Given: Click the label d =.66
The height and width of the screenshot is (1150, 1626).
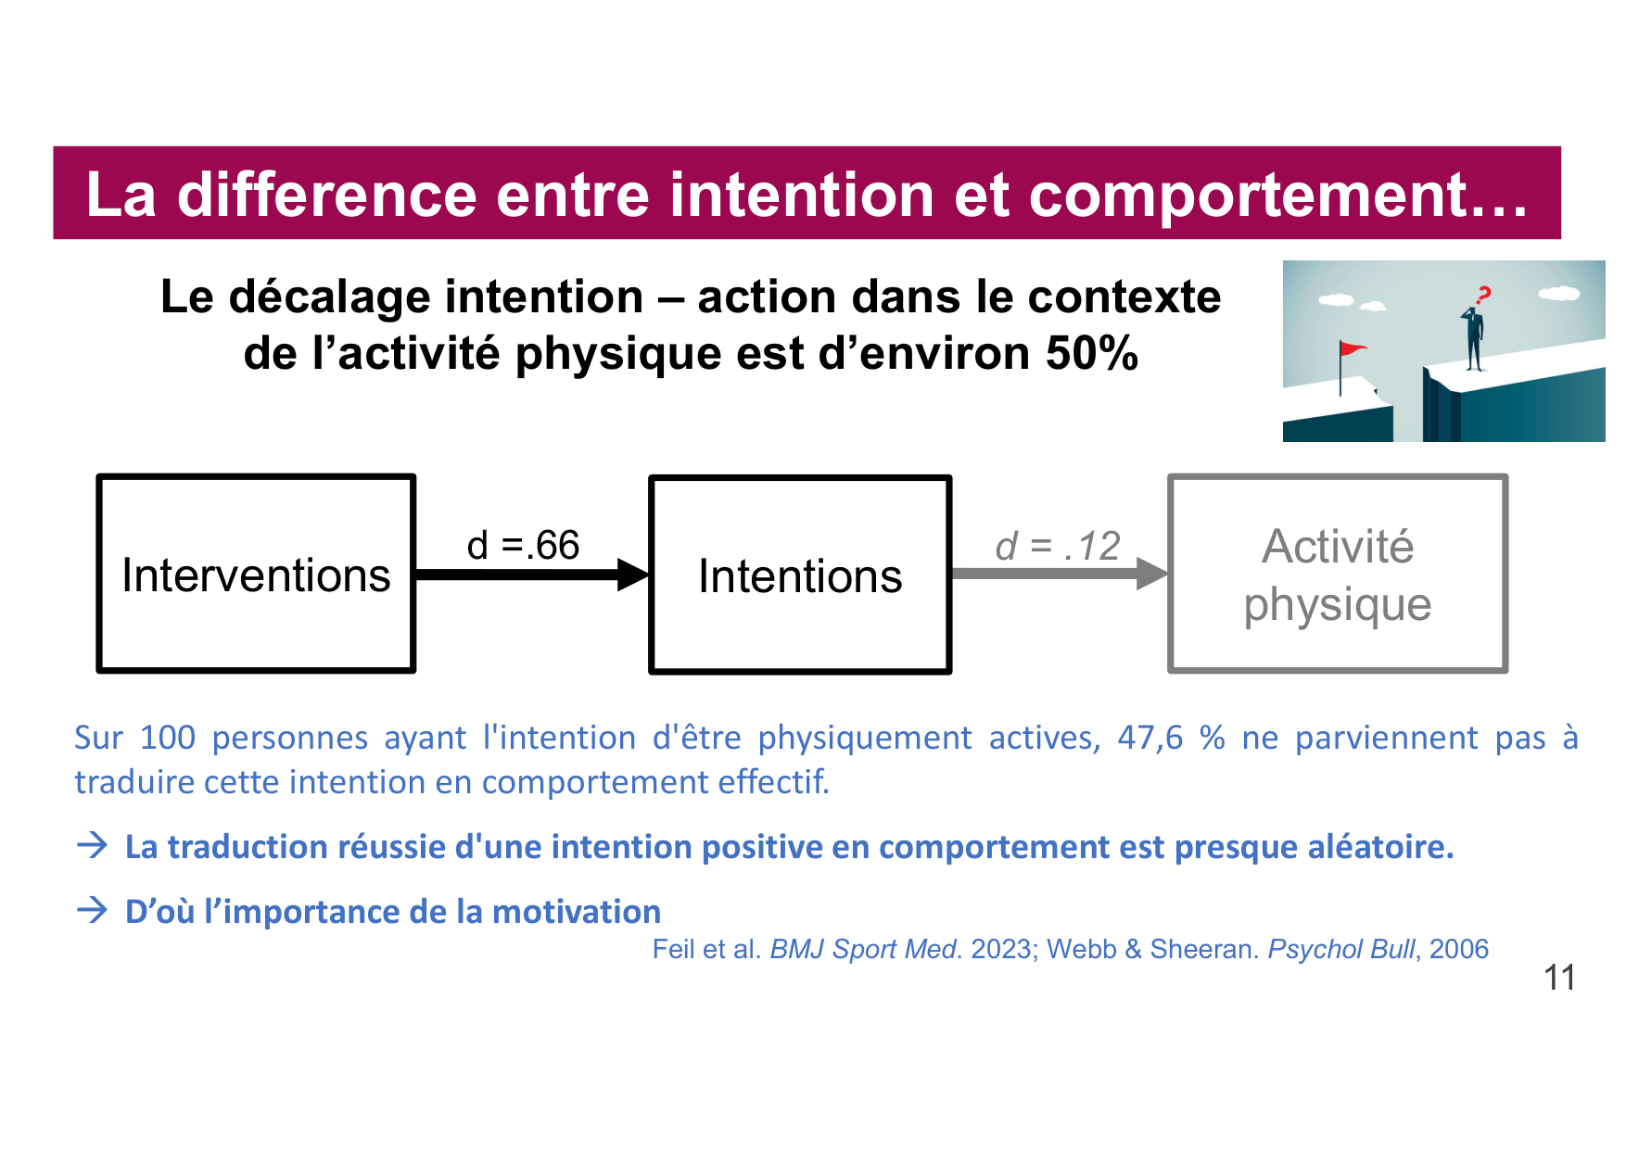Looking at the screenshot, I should (x=523, y=546).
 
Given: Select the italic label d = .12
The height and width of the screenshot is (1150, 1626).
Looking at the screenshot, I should (x=1058, y=547).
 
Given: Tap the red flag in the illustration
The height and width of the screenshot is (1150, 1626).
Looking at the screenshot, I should (x=1353, y=349).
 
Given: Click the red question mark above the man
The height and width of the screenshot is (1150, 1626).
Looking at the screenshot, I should (x=1483, y=296).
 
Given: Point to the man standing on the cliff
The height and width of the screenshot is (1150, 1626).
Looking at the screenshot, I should (x=1473, y=338).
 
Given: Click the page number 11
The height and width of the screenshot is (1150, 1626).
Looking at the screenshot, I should (x=1559, y=978).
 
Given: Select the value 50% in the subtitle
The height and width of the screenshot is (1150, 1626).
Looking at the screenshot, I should (x=1092, y=354).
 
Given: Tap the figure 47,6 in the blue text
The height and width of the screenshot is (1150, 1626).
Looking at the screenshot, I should (x=1150, y=738).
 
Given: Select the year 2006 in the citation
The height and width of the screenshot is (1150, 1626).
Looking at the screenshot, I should (x=1459, y=949).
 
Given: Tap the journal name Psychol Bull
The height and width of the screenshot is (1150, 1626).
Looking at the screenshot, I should (x=1340, y=949).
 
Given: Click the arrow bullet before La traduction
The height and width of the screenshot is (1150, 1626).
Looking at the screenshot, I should (x=92, y=845).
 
